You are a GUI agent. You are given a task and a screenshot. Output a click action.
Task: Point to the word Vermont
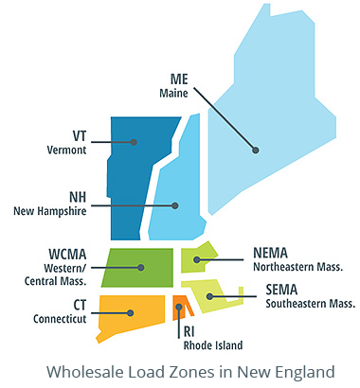click(66, 150)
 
